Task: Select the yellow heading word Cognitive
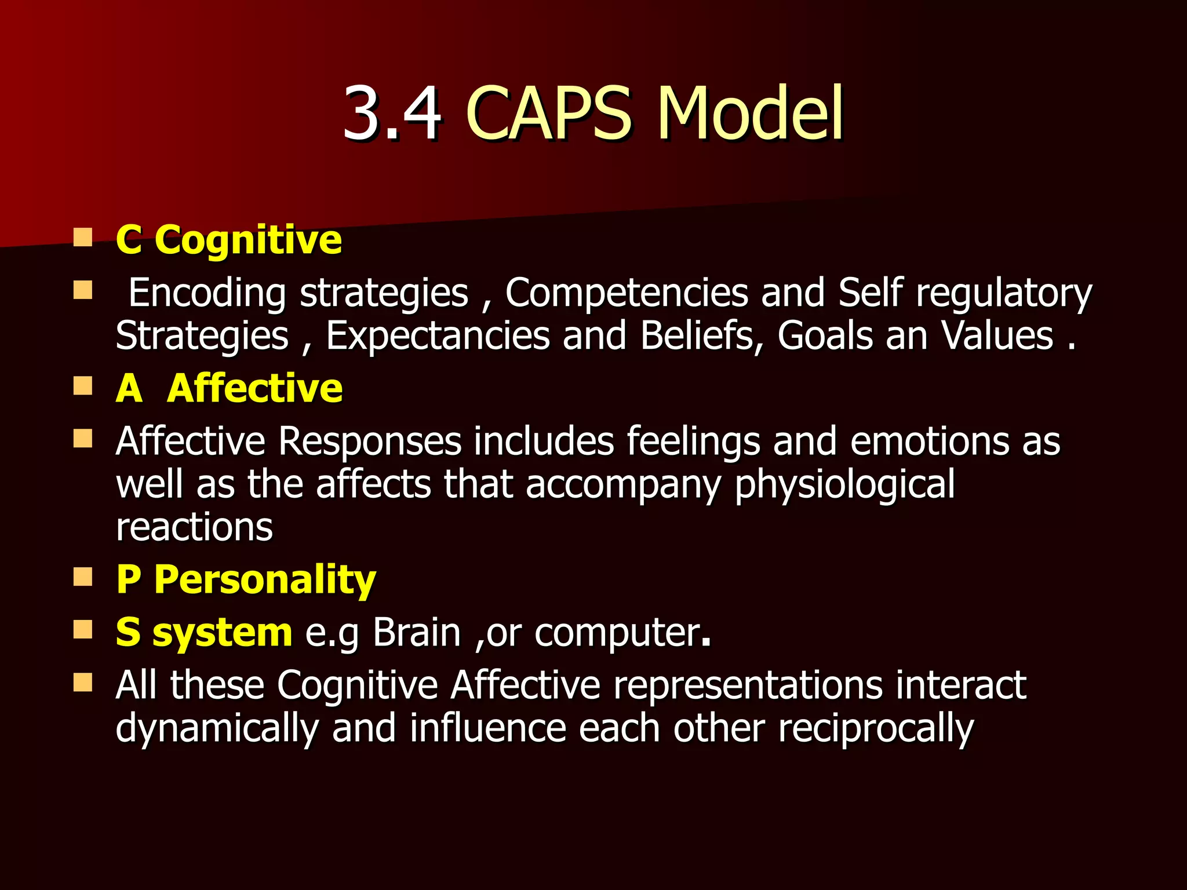point(248,239)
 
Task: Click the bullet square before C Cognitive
point(83,238)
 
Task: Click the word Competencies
point(626,293)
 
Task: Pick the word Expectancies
point(438,336)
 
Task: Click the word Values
point(996,336)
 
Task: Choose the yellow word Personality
point(265,579)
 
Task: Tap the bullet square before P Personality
point(83,577)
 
